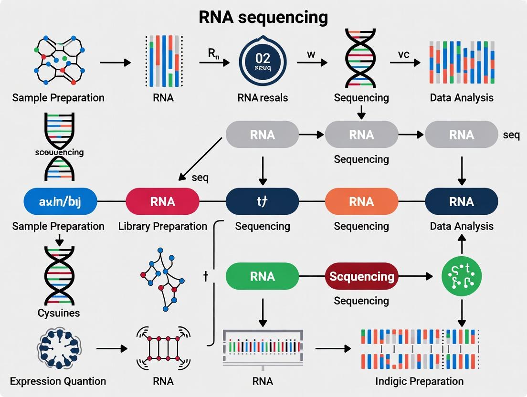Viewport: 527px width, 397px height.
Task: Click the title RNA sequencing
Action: [x=263, y=17]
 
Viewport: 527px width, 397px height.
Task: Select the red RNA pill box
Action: [x=162, y=201]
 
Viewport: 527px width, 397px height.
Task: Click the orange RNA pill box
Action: [x=361, y=201]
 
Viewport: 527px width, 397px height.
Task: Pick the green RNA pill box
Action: [x=262, y=276]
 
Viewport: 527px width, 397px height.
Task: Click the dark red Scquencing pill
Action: [x=361, y=276]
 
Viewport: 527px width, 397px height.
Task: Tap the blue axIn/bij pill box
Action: [x=60, y=201]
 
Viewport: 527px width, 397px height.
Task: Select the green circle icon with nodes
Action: [x=461, y=276]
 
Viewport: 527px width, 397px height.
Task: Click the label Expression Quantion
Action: [x=58, y=381]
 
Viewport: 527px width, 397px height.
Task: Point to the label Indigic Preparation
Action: [x=419, y=381]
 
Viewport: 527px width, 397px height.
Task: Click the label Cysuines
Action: [x=58, y=313]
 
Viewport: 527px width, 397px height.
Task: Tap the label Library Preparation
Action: [x=162, y=226]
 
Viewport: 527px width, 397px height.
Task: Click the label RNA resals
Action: [x=262, y=98]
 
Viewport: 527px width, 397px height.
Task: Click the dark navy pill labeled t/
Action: [x=262, y=201]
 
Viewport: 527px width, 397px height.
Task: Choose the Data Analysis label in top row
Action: [x=461, y=98]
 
